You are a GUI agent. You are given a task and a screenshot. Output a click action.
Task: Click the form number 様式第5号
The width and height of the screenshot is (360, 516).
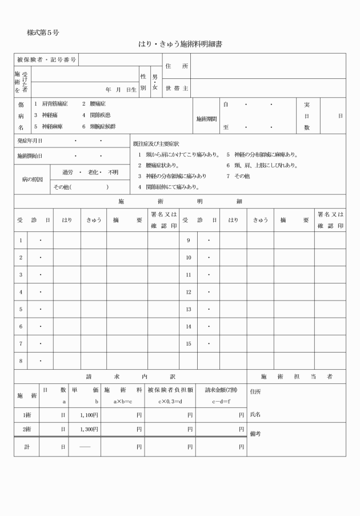pyautogui.click(x=43, y=32)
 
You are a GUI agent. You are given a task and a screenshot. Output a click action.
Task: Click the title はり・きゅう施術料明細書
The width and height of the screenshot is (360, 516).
pyautogui.click(x=180, y=43)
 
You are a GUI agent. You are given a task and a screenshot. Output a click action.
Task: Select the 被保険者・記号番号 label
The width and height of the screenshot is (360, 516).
pyautogui.click(x=46, y=60)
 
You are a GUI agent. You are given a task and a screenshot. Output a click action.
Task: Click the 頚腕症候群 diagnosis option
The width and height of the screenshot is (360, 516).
pyautogui.click(x=102, y=126)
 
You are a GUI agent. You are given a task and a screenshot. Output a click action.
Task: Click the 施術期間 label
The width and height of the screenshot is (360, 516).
pyautogui.click(x=206, y=119)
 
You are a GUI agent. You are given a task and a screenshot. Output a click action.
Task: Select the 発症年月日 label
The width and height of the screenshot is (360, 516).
pyautogui.click(x=30, y=141)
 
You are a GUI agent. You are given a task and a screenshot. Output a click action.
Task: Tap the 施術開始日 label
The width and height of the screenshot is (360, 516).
pyautogui.click(x=30, y=155)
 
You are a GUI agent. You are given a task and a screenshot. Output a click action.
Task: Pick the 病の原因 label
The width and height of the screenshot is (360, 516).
pyautogui.click(x=32, y=179)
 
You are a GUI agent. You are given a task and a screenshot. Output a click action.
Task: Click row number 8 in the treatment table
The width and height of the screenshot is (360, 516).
pyautogui.click(x=21, y=361)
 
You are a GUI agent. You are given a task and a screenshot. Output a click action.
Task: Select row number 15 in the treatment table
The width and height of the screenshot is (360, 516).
pyautogui.click(x=189, y=343)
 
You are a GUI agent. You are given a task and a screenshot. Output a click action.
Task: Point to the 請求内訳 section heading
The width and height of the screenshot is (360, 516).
pyautogui.click(x=130, y=377)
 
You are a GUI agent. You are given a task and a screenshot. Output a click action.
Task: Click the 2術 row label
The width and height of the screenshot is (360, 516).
pyautogui.click(x=27, y=429)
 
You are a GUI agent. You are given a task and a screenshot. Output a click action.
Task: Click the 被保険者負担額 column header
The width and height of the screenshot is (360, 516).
pyautogui.click(x=170, y=390)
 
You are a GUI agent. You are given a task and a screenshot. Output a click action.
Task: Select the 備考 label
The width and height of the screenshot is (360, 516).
pyautogui.click(x=255, y=434)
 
